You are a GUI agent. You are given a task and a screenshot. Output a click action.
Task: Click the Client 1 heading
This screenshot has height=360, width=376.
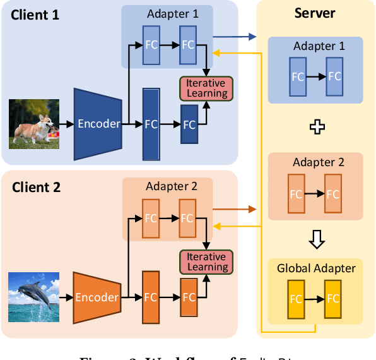pyautogui.click(x=35, y=15)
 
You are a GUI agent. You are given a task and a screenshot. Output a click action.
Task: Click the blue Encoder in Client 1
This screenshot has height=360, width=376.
pyautogui.click(x=98, y=123)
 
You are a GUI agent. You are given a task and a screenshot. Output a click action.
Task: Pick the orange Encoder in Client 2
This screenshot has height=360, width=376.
pyautogui.click(x=97, y=297)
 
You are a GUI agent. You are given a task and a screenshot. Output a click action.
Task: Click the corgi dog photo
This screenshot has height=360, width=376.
pyautogui.click(x=34, y=123)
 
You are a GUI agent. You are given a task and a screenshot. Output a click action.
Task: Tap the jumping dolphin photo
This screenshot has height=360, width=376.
pyautogui.click(x=34, y=297)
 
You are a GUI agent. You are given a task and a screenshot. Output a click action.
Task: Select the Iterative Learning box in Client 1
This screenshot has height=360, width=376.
pyautogui.click(x=207, y=88)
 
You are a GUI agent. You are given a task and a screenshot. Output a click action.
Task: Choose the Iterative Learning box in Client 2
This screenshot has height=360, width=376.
pyautogui.click(x=206, y=262)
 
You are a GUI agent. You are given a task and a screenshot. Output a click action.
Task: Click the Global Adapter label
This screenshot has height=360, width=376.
pyautogui.click(x=316, y=268)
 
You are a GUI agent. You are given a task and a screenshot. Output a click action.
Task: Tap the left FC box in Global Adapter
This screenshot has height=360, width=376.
pyautogui.click(x=296, y=299)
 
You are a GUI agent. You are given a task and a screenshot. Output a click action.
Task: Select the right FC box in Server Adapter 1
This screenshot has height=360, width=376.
pyautogui.click(x=334, y=76)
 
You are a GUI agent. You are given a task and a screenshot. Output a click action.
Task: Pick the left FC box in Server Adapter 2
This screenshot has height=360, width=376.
pyautogui.click(x=296, y=194)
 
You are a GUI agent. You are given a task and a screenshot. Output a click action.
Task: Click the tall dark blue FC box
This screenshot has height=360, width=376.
pyautogui.click(x=151, y=123)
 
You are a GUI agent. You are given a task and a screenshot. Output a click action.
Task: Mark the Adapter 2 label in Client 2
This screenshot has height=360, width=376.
pyautogui.click(x=172, y=186)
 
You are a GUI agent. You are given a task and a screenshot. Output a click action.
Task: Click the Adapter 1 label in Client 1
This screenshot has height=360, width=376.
pyautogui.click(x=172, y=14)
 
